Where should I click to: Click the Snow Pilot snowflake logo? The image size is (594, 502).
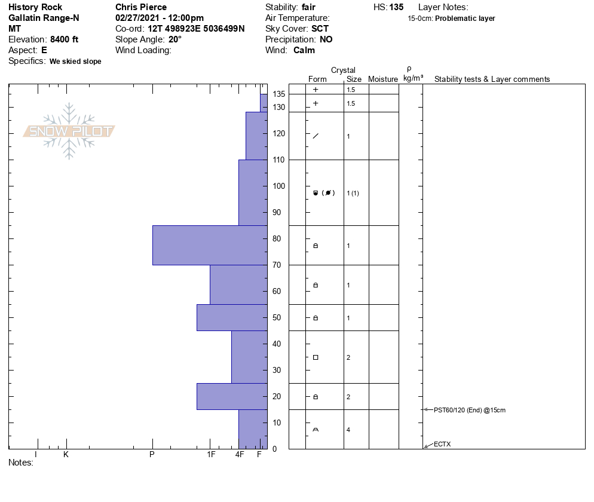tap(69, 131)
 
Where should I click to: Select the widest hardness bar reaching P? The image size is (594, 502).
tap(210, 245)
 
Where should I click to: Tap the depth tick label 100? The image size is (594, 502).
tap(278, 186)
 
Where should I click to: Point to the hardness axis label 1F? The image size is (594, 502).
tap(211, 454)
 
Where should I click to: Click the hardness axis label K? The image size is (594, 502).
tap(66, 454)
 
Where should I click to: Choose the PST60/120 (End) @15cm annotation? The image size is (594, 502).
tap(469, 410)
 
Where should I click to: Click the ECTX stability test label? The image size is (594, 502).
tap(442, 444)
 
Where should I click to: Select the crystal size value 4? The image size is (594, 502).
tap(348, 430)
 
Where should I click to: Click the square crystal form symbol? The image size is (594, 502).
tap(316, 357)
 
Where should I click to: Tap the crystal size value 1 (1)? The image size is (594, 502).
tap(353, 193)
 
